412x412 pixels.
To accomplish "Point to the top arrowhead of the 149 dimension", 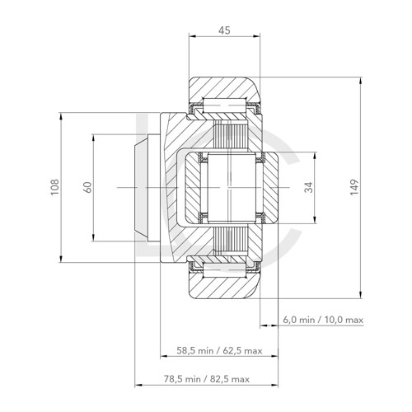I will pyautogui.click(x=362, y=80).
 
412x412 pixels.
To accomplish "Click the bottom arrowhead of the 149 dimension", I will pyautogui.click(x=362, y=295).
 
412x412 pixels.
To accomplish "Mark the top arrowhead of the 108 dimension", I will pyautogui.click(x=62, y=114).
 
